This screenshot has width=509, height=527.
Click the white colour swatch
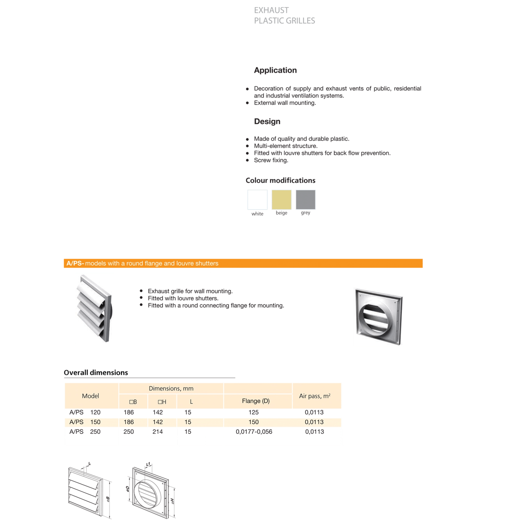tap(257, 200)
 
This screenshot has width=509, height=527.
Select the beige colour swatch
tap(281, 200)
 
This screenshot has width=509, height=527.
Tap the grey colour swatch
tap(305, 200)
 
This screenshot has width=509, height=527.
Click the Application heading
tap(275, 70)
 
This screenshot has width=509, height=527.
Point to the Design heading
tap(267, 122)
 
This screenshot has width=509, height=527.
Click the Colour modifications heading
tap(280, 181)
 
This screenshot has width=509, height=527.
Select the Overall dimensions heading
tap(96, 373)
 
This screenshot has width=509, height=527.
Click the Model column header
tap(90, 396)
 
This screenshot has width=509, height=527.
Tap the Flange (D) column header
tap(256, 401)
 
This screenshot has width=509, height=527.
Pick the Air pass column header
tap(315, 396)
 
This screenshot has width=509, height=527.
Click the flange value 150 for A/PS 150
tap(253, 422)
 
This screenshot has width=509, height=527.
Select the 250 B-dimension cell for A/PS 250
tap(129, 432)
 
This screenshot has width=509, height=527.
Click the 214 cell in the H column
tap(158, 432)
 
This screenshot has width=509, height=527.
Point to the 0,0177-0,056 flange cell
tap(254, 432)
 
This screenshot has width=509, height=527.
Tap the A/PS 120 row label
tap(85, 412)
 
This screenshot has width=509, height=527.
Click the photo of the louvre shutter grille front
tap(94, 308)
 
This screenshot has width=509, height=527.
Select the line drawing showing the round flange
tap(151, 491)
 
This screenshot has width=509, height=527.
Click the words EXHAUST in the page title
tap(271, 11)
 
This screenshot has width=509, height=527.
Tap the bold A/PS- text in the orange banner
tap(75, 263)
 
